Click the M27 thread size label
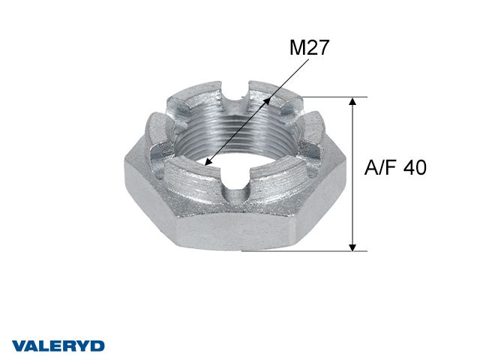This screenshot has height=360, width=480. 309,48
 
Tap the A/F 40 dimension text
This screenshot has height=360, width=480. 395,168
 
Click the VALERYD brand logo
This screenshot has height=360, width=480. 58,346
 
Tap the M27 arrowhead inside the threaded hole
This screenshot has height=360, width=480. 208,160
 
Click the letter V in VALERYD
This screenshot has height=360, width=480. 19,346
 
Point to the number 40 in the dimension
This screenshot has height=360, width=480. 414,168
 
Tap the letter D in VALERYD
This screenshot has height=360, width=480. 97,346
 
